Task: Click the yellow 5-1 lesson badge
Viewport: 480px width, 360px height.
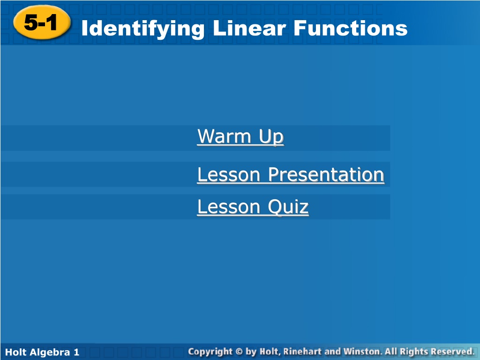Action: click(x=42, y=22)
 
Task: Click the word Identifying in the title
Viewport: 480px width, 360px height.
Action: click(x=143, y=29)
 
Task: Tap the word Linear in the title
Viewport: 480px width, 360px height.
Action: click(x=249, y=28)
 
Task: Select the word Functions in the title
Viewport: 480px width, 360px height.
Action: click(x=351, y=28)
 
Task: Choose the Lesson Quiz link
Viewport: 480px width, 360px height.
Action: click(x=253, y=207)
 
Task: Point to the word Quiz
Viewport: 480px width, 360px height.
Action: click(x=288, y=207)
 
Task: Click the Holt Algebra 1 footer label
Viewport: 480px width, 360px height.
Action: click(x=42, y=352)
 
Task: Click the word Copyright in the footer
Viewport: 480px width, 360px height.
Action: click(x=210, y=352)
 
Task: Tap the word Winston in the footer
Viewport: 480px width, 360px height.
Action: click(x=362, y=352)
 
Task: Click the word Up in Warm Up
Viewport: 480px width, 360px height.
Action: click(x=271, y=137)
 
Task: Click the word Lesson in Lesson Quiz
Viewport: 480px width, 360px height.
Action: click(x=229, y=207)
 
